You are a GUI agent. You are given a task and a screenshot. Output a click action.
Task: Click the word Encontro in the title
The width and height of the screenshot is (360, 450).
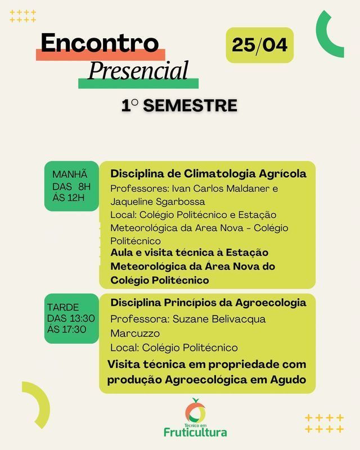click(100, 44)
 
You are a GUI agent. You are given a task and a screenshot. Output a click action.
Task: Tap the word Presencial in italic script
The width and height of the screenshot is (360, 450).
click(138, 71)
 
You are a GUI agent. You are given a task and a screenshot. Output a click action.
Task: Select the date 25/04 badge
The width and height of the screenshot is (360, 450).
click(259, 45)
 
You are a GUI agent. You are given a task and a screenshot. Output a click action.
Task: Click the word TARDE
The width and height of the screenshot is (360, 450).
click(63, 308)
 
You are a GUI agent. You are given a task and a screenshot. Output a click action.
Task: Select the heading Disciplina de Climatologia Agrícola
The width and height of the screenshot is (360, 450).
click(208, 173)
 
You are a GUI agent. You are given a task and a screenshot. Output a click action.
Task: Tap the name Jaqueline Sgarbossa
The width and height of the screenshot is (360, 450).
click(157, 201)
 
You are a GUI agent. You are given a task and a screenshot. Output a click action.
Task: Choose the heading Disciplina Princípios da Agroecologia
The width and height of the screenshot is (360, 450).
click(208, 303)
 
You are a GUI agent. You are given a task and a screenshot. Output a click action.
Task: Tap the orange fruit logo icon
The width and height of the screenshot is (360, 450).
click(195, 411)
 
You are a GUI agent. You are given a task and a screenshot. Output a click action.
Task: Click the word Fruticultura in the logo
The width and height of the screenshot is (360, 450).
click(195, 432)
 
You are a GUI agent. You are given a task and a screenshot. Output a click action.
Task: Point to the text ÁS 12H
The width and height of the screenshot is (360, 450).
click(69, 197)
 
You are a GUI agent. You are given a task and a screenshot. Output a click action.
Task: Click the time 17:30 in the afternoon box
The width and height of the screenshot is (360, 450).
click(74, 329)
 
